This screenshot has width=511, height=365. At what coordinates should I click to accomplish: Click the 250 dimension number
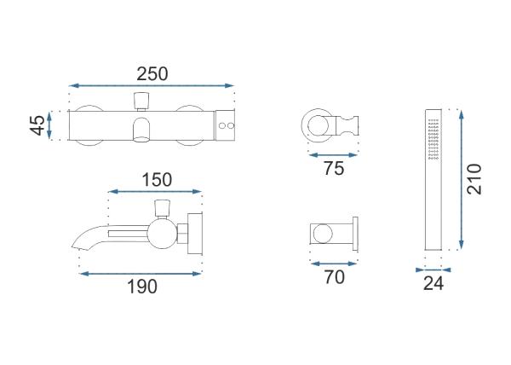[152, 73]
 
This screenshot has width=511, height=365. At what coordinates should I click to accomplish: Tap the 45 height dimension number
[37, 125]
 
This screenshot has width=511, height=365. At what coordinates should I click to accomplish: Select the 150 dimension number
[157, 180]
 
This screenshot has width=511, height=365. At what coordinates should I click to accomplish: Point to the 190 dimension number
[142, 287]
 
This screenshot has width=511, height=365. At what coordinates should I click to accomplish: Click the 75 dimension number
[334, 168]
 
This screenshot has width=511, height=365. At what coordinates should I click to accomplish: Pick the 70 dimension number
[334, 277]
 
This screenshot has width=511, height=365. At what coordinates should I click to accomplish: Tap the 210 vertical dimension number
[474, 179]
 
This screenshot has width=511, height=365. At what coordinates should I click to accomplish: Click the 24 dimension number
[433, 283]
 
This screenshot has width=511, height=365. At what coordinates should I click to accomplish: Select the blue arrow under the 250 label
[152, 86]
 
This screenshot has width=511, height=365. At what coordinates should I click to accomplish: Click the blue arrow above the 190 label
[141, 274]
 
